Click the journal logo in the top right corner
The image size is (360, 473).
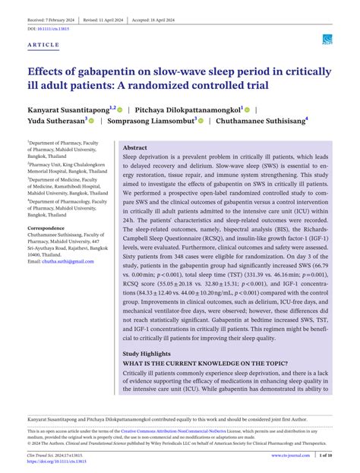pos(327,39)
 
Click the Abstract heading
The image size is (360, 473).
pos(135,147)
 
